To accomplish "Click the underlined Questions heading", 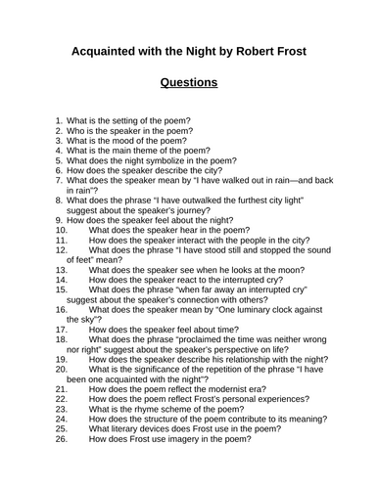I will click(189, 83).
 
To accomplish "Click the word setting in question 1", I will click(131, 120).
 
